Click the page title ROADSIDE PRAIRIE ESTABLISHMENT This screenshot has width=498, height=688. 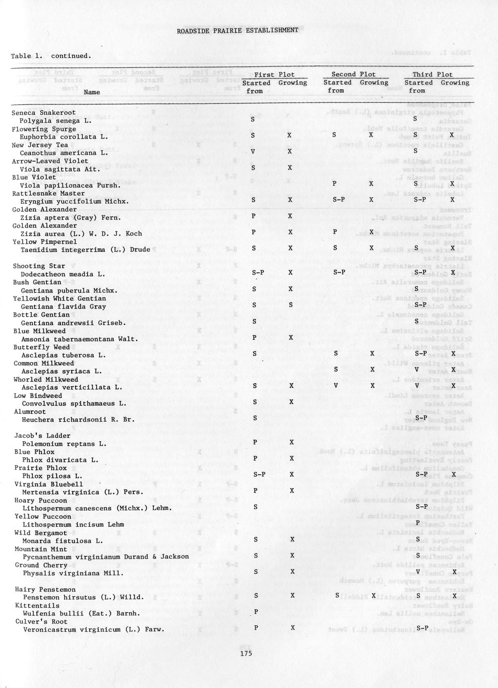pyautogui.click(x=238, y=30)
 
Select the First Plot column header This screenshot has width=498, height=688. pyautogui.click(x=274, y=75)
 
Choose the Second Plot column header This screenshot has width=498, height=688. pyautogui.click(x=354, y=75)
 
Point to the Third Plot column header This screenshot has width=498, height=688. pyautogui.click(x=432, y=75)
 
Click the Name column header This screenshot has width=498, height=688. pyautogui.click(x=92, y=92)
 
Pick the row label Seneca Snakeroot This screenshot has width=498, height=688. pyautogui.click(x=44, y=113)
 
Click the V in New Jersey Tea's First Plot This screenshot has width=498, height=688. pyautogui.click(x=253, y=152)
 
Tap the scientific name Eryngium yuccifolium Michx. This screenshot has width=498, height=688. pyautogui.click(x=75, y=201)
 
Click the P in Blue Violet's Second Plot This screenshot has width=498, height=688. pyautogui.click(x=335, y=184)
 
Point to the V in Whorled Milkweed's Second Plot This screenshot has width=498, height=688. pyautogui.click(x=336, y=386)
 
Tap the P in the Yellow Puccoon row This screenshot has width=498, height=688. pyautogui.click(x=417, y=522)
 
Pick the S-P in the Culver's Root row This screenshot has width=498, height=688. pyautogui.click(x=422, y=628)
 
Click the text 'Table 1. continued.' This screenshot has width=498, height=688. pyautogui.click(x=51, y=56)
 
